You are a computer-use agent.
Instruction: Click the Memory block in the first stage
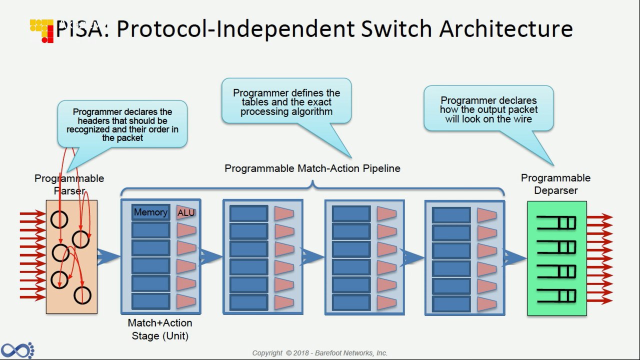pyautogui.click(x=151, y=212)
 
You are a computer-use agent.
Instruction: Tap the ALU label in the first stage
pyautogui.click(x=186, y=213)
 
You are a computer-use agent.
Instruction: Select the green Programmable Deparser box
pyautogui.click(x=557, y=258)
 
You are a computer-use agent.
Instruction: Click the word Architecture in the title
pyautogui.click(x=506, y=29)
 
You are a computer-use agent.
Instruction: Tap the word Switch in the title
pyautogui.click(x=396, y=29)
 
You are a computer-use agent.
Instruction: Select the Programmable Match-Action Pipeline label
pyautogui.click(x=312, y=168)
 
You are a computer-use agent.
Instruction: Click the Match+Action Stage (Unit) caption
pyautogui.click(x=160, y=329)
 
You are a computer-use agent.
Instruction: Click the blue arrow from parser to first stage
pyautogui.click(x=108, y=257)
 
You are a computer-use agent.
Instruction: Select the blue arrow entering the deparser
pyautogui.click(x=515, y=257)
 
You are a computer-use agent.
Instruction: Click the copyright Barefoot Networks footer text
pyautogui.click(x=319, y=353)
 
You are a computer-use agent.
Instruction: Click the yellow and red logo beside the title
pyautogui.click(x=41, y=31)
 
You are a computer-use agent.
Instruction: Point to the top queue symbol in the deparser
pyautogui.click(x=556, y=222)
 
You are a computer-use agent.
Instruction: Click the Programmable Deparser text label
pyautogui.click(x=555, y=184)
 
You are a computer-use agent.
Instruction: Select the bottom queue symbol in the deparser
pyautogui.click(x=556, y=295)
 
